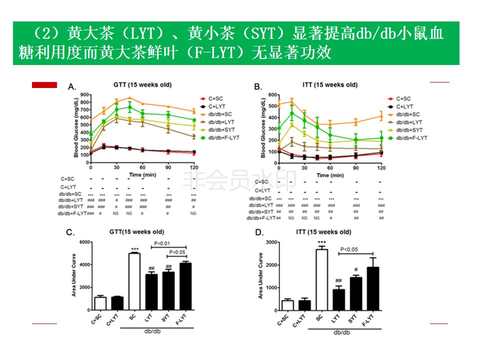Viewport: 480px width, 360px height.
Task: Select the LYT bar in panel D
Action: point(339,300)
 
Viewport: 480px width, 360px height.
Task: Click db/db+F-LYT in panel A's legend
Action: point(224,137)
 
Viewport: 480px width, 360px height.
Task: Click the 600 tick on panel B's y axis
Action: point(272,94)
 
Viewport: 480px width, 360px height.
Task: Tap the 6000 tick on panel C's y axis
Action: point(84,242)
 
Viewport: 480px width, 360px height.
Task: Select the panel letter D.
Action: point(258,233)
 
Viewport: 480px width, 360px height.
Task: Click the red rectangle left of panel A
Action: point(44,85)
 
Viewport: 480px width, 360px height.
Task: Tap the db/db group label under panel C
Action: point(153,331)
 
